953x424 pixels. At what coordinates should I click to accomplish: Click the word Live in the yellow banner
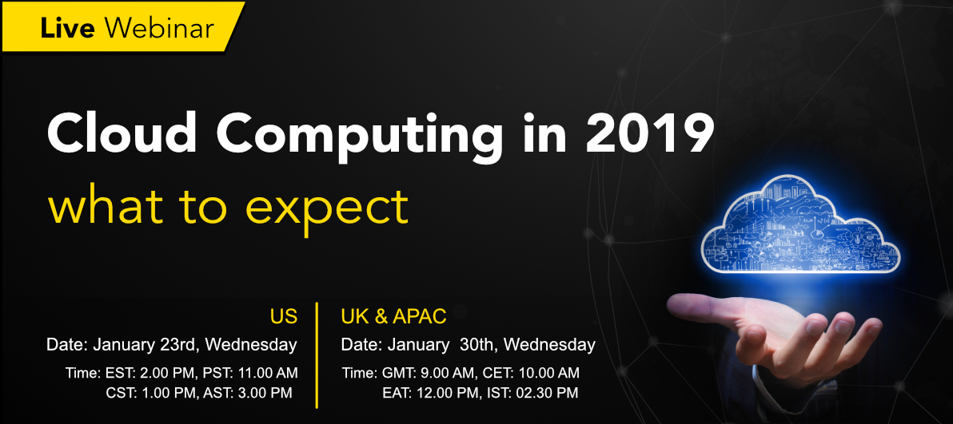click(x=67, y=28)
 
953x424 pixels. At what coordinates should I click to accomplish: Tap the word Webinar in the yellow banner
click(x=159, y=28)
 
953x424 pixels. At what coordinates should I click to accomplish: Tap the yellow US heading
click(x=284, y=316)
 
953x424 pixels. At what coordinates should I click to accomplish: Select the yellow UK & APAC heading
click(x=394, y=316)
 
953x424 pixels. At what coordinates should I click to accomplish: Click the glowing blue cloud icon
click(x=800, y=226)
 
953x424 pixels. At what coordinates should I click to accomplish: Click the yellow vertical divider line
click(x=317, y=355)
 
